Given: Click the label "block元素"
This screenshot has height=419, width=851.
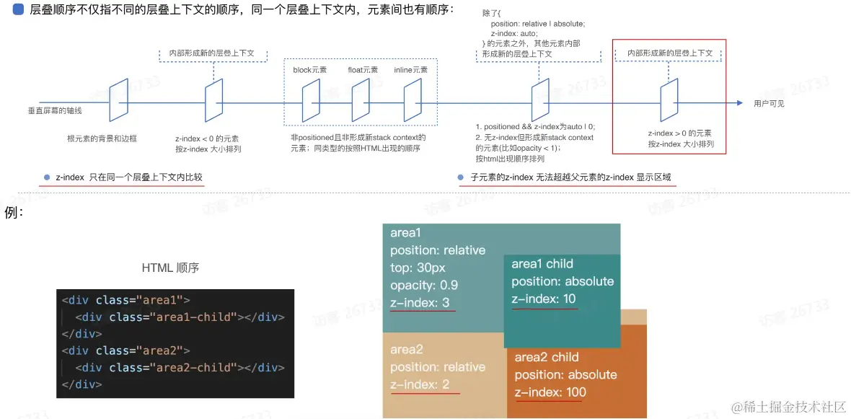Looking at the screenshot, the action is (x=310, y=70).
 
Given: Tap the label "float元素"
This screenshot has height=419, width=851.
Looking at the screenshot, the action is (x=363, y=70).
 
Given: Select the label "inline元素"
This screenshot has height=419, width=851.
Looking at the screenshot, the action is (x=411, y=70).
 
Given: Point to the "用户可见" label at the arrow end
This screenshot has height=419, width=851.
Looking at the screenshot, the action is (x=769, y=103).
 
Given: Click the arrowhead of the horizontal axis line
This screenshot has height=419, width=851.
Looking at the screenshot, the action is (x=740, y=102).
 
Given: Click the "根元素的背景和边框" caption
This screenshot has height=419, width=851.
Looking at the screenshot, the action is (x=102, y=138).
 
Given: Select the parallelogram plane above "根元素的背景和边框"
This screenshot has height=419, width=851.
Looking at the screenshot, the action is (x=118, y=100).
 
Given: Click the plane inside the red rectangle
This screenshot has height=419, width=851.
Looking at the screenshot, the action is (x=669, y=100).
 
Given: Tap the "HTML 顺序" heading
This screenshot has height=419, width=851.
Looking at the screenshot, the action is (x=170, y=268).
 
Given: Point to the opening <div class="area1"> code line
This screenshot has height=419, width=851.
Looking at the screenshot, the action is (x=126, y=299).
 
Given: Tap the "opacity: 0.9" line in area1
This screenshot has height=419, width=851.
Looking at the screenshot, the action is (x=424, y=286).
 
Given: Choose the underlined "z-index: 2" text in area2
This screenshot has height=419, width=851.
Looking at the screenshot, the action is (x=420, y=384).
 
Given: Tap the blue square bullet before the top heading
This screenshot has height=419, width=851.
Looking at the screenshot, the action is (x=18, y=9).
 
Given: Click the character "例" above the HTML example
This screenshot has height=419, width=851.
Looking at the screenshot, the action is (x=10, y=212).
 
